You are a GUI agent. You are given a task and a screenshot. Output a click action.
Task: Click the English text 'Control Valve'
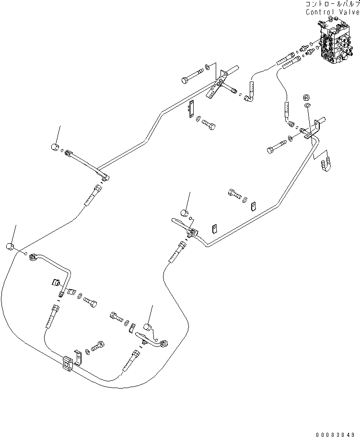click(332, 12)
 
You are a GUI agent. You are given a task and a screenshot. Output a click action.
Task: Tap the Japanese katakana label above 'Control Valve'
click(332, 4)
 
